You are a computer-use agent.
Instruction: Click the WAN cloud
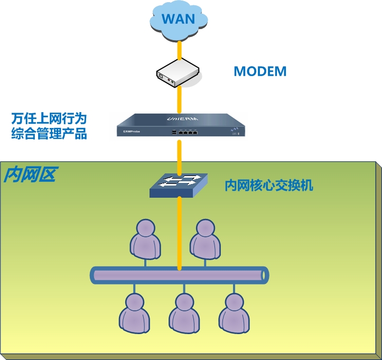[x=179, y=20]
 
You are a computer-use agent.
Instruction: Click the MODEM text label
[x=260, y=71]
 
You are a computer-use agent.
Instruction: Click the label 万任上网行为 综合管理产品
[x=49, y=125]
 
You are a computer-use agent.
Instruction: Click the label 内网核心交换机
[x=269, y=186]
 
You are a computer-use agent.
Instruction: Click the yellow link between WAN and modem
[x=180, y=50]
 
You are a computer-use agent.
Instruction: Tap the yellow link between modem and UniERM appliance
[x=180, y=99]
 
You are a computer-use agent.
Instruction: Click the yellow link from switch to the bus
[x=180, y=233]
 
